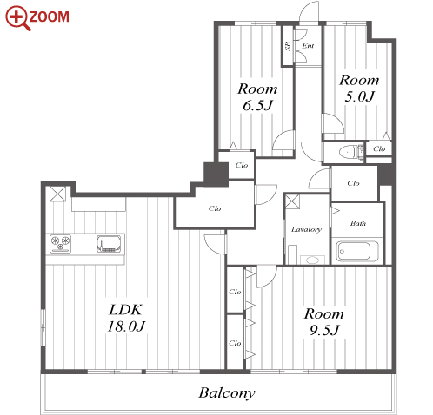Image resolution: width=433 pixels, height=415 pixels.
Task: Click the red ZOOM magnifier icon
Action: click(x=17, y=18)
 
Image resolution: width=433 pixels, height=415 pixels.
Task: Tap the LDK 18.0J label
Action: click(x=126, y=318)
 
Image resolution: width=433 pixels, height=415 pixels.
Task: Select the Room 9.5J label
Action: click(x=324, y=322)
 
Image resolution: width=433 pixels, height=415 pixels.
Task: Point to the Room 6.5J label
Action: click(x=257, y=97)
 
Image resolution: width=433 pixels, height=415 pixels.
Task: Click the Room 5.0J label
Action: click(x=359, y=88)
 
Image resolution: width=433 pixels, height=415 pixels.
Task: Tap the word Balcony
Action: click(x=227, y=393)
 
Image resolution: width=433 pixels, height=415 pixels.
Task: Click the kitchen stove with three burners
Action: click(x=60, y=243)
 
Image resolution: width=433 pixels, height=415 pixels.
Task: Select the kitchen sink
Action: click(x=109, y=244)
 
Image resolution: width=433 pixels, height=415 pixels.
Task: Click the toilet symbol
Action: click(x=351, y=151)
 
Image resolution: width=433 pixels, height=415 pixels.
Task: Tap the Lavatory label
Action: click(x=306, y=229)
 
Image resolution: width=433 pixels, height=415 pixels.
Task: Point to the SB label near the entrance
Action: click(x=288, y=46)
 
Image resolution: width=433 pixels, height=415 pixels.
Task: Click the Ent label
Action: click(x=308, y=46)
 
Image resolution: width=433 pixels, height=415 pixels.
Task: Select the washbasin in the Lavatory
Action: click(x=312, y=260)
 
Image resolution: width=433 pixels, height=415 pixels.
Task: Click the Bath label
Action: click(x=358, y=223)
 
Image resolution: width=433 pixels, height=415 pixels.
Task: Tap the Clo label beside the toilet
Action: click(x=379, y=148)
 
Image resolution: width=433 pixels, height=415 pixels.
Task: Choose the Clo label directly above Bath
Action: click(x=353, y=183)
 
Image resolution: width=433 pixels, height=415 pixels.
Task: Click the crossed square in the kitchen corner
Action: click(x=57, y=194)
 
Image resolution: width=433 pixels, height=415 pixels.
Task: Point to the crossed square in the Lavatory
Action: click(x=292, y=201)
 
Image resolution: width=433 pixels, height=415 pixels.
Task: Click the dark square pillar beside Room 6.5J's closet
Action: click(x=216, y=175)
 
